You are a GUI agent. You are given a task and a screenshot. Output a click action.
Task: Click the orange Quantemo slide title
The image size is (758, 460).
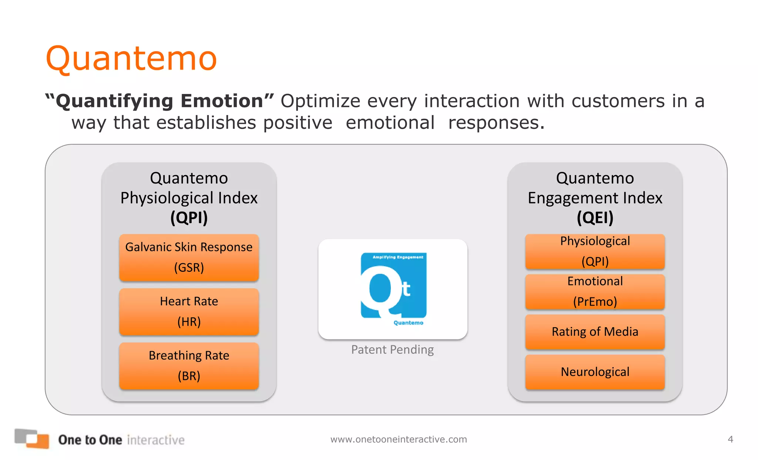(x=131, y=58)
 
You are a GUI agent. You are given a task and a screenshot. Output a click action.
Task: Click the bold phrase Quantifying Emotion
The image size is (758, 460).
(x=160, y=101)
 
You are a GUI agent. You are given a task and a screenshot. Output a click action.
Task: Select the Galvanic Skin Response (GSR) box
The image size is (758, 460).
(x=189, y=257)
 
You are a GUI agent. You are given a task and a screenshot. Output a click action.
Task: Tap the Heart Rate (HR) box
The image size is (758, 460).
(x=189, y=312)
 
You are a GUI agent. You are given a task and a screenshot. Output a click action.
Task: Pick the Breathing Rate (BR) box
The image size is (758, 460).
(x=189, y=366)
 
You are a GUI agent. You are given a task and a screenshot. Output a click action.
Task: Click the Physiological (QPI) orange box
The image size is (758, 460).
(x=595, y=251)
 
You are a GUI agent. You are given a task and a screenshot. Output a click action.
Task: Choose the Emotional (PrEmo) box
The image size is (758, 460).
(x=595, y=291)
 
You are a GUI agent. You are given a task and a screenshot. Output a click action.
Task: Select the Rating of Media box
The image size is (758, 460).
(x=595, y=332)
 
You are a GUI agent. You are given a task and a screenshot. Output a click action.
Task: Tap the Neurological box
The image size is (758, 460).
(x=595, y=372)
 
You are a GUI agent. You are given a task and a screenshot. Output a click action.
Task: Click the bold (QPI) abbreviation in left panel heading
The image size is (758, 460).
(x=189, y=217)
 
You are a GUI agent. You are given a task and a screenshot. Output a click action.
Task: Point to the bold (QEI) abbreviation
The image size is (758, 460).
(x=595, y=217)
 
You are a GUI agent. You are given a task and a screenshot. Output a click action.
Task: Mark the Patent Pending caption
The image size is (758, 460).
(x=392, y=349)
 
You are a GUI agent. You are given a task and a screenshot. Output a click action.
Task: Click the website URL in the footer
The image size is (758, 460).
(x=399, y=439)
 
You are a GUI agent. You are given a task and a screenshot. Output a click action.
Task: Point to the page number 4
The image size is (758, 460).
(x=730, y=439)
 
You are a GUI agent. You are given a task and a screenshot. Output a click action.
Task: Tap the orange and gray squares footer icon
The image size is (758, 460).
(x=32, y=439)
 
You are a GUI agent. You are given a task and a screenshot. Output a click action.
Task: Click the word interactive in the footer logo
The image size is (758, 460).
(x=155, y=440)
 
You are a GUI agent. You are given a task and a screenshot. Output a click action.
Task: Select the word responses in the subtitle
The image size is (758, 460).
(x=496, y=123)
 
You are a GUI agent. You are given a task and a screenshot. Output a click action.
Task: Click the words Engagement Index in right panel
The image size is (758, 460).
(x=595, y=198)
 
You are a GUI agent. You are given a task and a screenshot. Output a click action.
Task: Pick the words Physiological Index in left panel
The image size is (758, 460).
(x=189, y=198)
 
